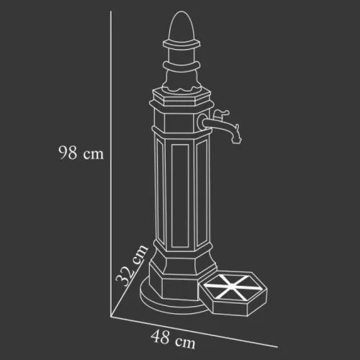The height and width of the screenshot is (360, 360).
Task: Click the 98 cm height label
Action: (81, 153)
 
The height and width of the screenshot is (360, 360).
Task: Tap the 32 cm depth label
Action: (131, 266)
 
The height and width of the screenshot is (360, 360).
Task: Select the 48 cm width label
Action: (173, 339)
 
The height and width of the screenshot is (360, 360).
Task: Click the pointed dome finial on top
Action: (181, 27)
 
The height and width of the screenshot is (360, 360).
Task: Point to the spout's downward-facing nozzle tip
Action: (235, 142)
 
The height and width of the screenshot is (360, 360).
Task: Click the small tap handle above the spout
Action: (221, 114)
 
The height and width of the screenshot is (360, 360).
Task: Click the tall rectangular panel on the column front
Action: (180, 196)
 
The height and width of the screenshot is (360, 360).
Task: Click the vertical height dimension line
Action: (111, 163)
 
